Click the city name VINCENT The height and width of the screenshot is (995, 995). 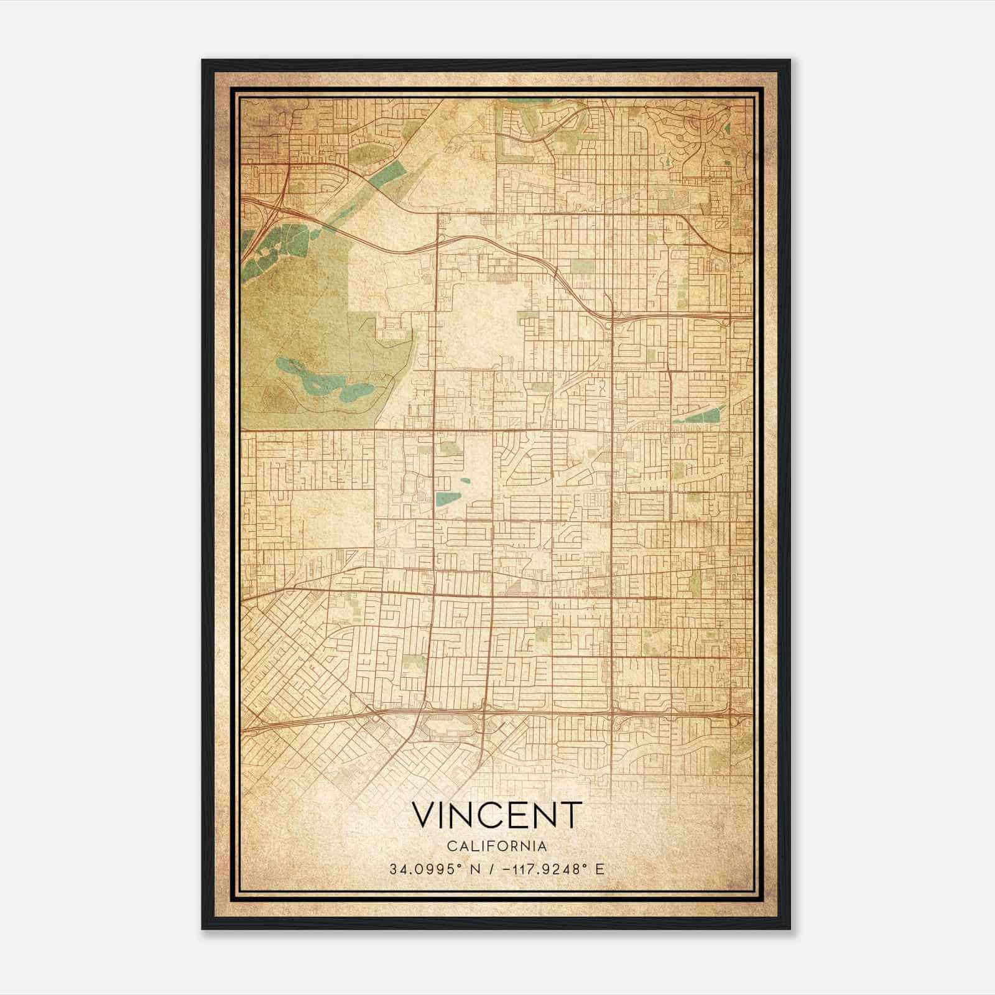(x=496, y=815)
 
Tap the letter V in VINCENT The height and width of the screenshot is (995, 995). (x=424, y=815)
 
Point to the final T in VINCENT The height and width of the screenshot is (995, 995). (x=572, y=815)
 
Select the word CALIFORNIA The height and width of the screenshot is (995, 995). (x=496, y=846)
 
